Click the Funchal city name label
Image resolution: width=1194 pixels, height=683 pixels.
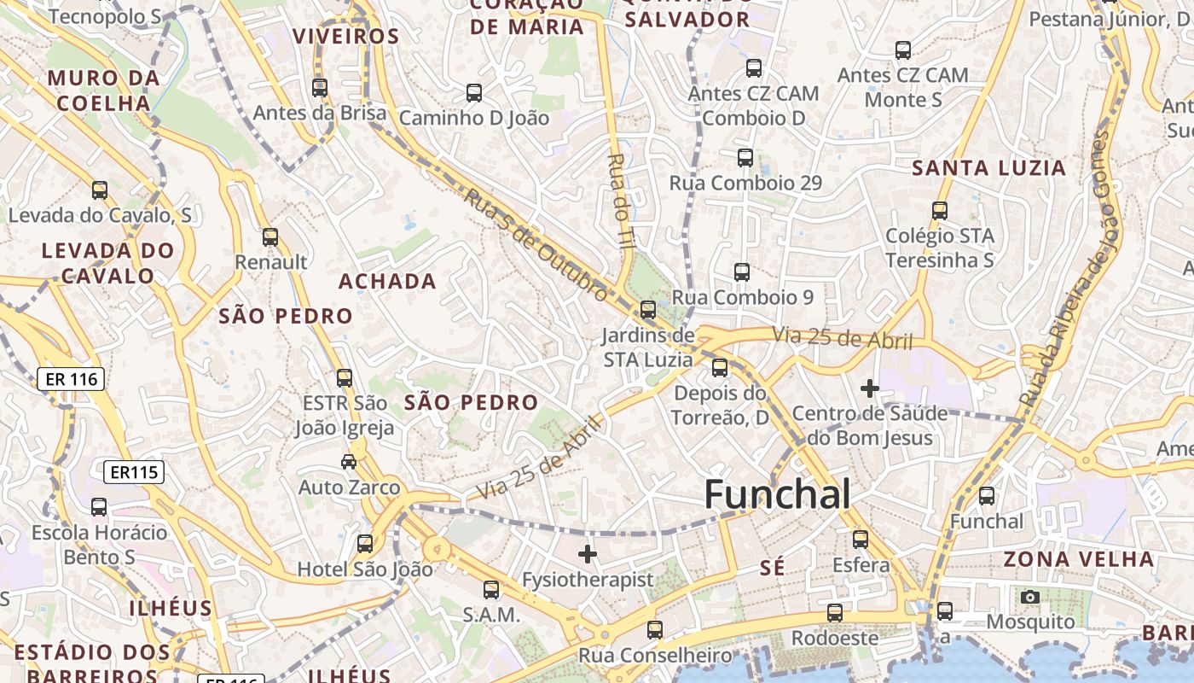[x=777, y=494]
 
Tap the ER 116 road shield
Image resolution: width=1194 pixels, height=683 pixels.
[x=71, y=379]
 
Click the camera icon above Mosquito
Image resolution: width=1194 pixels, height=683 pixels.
[x=1030, y=597]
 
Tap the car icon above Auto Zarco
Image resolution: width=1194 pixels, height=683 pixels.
[x=349, y=462]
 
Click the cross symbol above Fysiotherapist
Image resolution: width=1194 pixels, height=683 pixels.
[x=588, y=554]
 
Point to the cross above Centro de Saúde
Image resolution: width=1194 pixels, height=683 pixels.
[x=870, y=388]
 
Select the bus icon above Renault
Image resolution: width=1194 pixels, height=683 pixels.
[x=270, y=237]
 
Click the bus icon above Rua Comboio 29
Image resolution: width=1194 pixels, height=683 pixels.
[x=745, y=157]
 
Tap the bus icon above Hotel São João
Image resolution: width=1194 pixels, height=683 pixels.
[x=365, y=543]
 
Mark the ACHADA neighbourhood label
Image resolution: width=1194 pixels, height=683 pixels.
[x=387, y=281]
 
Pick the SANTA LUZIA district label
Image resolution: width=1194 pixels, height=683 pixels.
[x=989, y=168]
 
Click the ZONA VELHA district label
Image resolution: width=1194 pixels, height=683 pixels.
[x=1078, y=559]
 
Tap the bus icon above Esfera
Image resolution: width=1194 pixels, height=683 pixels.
[x=861, y=540]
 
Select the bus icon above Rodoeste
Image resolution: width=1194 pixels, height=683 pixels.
[x=835, y=613]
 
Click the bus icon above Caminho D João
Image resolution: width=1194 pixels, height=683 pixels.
[x=474, y=93]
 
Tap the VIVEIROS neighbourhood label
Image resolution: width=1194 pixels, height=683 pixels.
[x=345, y=37]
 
